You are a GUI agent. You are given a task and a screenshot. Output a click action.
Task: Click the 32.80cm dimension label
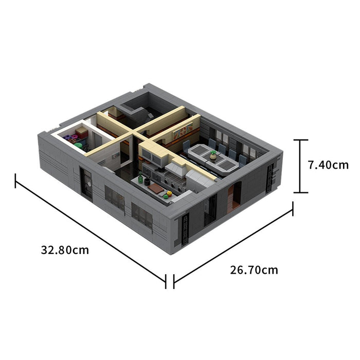(65, 250)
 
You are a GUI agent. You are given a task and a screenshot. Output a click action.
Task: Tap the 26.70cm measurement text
(254, 270)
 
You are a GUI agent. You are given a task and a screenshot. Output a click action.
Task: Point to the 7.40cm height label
(328, 165)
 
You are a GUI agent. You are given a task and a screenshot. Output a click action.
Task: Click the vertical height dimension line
(300, 166)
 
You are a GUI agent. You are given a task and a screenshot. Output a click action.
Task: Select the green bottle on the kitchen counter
(140, 178)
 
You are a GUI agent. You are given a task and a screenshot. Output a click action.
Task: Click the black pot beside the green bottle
(147, 182)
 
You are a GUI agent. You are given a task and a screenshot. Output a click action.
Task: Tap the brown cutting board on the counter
(156, 188)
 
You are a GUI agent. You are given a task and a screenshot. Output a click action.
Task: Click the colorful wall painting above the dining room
(183, 131)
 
